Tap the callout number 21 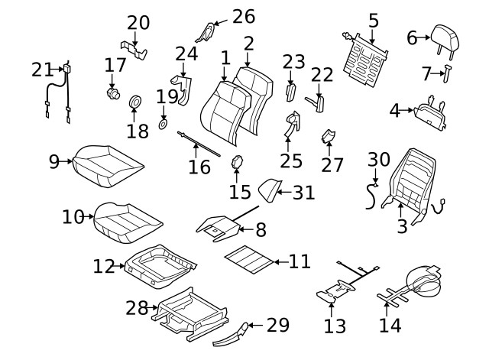(x=43, y=70)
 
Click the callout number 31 (x=304, y=193)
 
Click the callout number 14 (x=390, y=326)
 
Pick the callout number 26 (x=243, y=17)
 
